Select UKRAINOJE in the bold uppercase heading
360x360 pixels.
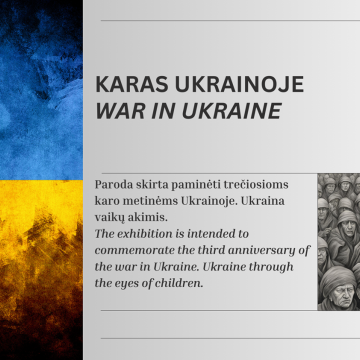pyautogui.click(x=239, y=84)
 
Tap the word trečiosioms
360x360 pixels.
pyautogui.click(x=256, y=184)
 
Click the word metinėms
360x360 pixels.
pyautogui.click(x=150, y=201)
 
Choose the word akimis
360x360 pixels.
pyautogui.click(x=147, y=217)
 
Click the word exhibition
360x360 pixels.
pyautogui.click(x=144, y=234)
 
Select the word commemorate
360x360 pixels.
pyautogui.click(x=134, y=250)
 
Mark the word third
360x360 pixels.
pyautogui.click(x=211, y=250)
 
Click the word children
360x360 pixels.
pyautogui.click(x=179, y=283)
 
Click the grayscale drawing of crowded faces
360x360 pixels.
pyautogui.click(x=338, y=242)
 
